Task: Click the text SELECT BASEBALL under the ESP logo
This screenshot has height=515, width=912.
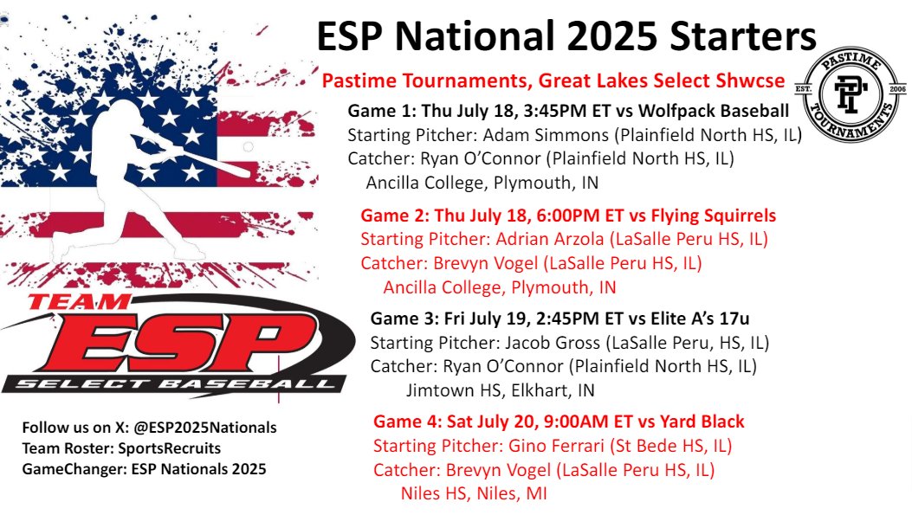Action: (x=178, y=383)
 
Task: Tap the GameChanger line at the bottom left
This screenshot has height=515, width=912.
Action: (x=146, y=469)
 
